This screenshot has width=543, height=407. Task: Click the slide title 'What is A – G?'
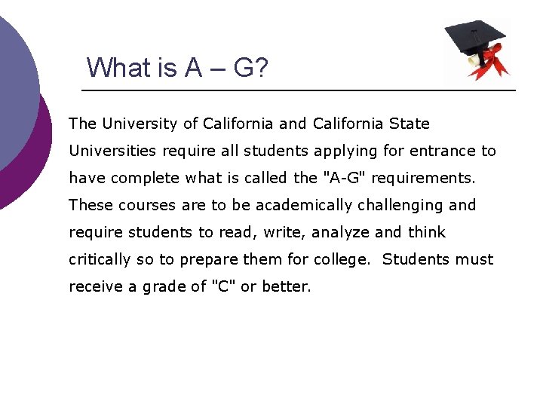[x=177, y=67]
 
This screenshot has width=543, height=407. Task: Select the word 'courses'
[x=138, y=205]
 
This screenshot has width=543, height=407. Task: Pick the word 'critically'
[x=100, y=259]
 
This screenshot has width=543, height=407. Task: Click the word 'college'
[x=342, y=259]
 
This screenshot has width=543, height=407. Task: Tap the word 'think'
[x=427, y=232]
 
